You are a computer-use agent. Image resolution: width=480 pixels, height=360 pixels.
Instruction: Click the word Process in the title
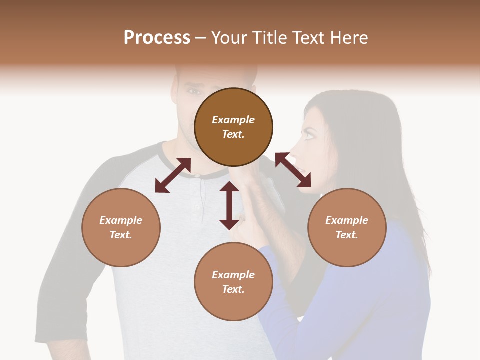click(x=157, y=38)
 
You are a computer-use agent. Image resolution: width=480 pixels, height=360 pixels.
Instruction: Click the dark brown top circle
click(x=233, y=127)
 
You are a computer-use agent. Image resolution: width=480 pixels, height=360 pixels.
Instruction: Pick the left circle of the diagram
click(x=121, y=227)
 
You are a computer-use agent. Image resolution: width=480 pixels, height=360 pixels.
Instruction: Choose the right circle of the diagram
click(x=347, y=227)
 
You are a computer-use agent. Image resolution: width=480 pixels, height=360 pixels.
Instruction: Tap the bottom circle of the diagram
click(x=233, y=281)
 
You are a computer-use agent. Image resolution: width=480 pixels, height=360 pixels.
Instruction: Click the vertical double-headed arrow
click(x=229, y=205)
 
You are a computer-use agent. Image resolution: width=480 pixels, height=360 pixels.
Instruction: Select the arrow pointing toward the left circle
click(x=173, y=175)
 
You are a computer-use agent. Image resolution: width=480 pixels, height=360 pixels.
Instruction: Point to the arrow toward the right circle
click(x=293, y=170)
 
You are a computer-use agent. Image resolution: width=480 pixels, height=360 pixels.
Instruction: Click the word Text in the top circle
click(x=233, y=134)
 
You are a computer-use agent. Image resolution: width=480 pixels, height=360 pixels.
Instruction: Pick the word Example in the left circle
click(x=121, y=220)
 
